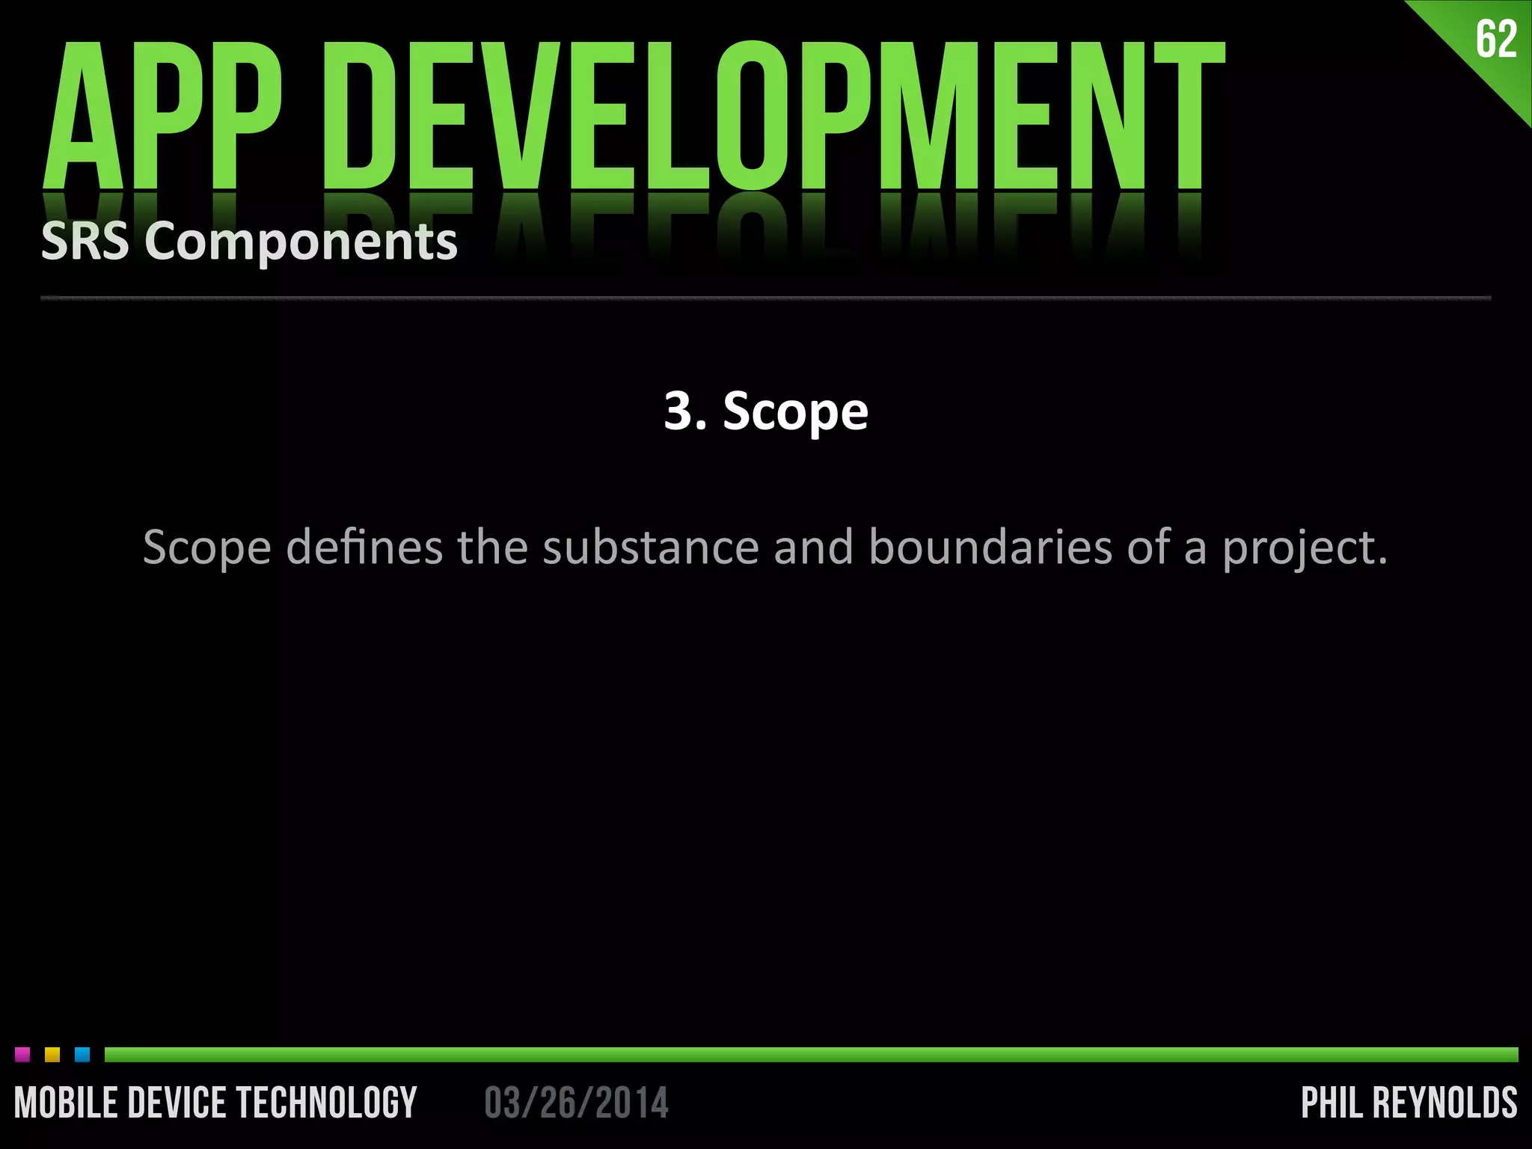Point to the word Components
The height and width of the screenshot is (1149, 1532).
(301, 243)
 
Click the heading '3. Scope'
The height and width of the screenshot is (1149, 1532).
(766, 411)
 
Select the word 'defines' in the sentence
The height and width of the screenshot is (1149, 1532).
(364, 547)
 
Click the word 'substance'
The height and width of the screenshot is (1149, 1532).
(651, 547)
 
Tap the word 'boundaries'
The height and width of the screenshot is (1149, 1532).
(990, 547)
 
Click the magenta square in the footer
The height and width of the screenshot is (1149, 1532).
(22, 1055)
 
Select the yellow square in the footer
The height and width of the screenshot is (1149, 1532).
(52, 1055)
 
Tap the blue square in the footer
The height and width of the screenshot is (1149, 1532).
(82, 1055)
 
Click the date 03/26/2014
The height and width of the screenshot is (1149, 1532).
(576, 1103)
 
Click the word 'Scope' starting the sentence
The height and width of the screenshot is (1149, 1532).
(206, 548)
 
